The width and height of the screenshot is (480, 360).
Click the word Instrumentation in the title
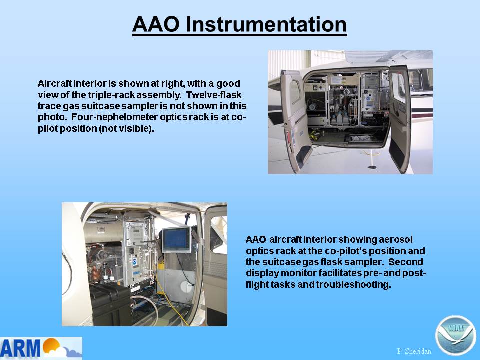[266, 24]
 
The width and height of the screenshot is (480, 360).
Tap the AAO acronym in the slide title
[156, 24]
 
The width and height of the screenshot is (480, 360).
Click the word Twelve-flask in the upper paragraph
[214, 95]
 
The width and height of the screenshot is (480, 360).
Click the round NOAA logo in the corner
[455, 335]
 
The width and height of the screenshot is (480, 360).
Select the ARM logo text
[20, 348]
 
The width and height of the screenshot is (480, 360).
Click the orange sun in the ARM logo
[51, 345]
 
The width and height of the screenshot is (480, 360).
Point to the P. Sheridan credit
[414, 351]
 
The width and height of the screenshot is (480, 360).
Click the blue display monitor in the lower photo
[176, 240]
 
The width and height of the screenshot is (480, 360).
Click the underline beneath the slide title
[239, 35]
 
